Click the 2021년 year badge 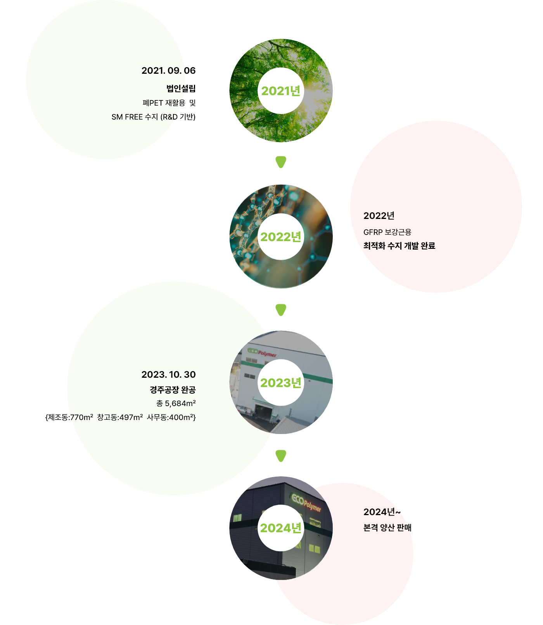(281, 91)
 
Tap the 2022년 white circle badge (281, 237)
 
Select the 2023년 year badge (281, 383)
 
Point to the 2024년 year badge (281, 528)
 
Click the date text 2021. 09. (161, 71)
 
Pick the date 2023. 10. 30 (168, 375)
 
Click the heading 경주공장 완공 (173, 389)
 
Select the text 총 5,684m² (176, 403)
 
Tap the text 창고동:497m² (120, 417)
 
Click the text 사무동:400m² (171, 417)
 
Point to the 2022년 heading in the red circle (379, 216)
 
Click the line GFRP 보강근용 (387, 232)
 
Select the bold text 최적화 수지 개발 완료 (399, 246)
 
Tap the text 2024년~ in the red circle (382, 512)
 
